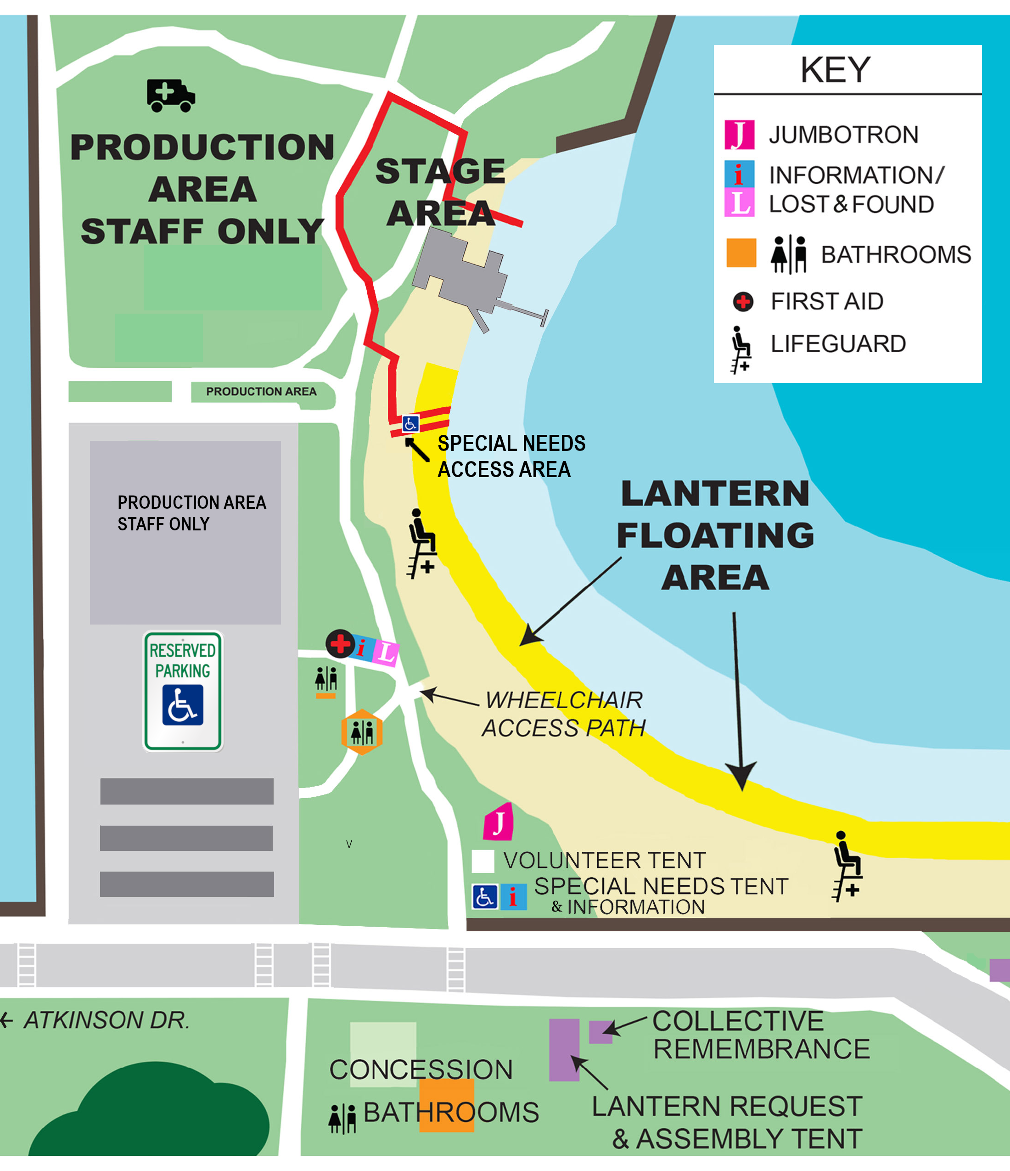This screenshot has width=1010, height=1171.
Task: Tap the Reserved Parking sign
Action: (182, 691)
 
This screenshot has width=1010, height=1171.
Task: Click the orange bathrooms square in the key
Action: (741, 253)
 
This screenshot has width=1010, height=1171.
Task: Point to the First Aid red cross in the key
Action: (743, 302)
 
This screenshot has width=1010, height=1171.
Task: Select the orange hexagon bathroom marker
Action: (361, 732)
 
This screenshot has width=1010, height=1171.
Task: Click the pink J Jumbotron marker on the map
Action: (498, 822)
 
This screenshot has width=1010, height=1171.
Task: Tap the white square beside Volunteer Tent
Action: (483, 861)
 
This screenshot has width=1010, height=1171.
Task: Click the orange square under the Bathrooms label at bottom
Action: (446, 1105)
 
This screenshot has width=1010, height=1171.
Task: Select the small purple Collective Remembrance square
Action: (600, 1032)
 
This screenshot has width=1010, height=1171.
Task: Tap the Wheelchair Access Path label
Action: (563, 714)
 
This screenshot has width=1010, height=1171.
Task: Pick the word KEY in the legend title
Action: (835, 70)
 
